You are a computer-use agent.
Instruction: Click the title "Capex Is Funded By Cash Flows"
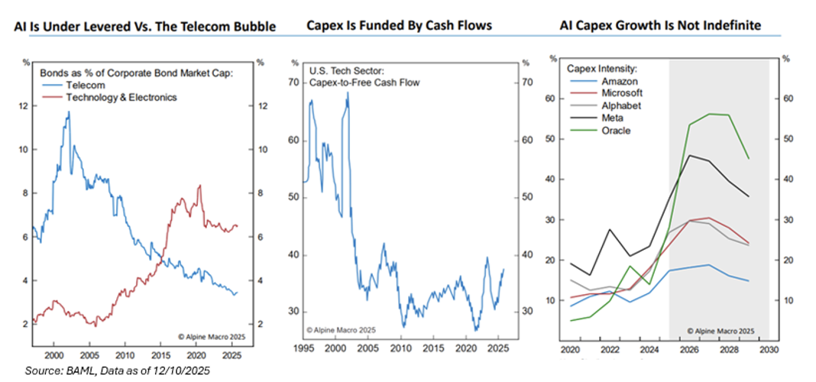point(399,26)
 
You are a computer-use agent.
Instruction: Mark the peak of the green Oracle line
point(709,114)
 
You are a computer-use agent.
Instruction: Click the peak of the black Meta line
point(690,155)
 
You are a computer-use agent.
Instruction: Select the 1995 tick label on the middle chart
point(303,349)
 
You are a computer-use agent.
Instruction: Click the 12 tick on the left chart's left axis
point(24,105)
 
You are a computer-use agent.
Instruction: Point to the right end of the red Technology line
point(238,225)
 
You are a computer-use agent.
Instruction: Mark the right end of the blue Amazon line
point(748,281)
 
